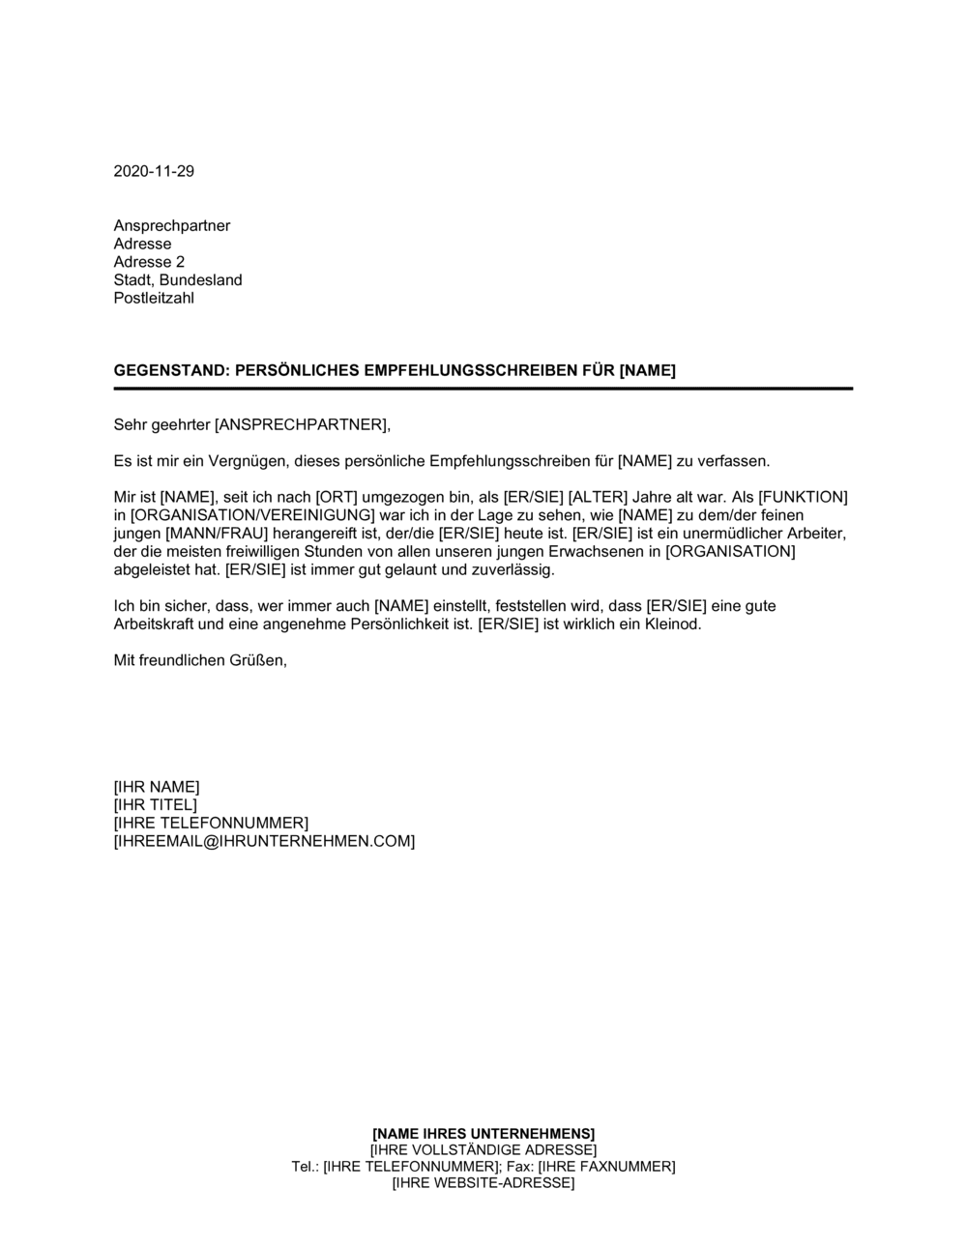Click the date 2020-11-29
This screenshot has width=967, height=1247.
tap(154, 171)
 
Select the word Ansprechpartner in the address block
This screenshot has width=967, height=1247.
tap(172, 226)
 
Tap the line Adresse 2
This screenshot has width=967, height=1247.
tap(149, 262)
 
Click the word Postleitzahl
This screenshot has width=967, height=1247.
tap(154, 298)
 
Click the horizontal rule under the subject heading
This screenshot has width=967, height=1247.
tap(483, 389)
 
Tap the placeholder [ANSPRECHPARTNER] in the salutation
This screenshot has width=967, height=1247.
tap(302, 424)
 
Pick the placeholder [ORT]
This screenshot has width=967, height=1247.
tap(337, 497)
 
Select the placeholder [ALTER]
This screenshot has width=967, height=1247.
tap(598, 497)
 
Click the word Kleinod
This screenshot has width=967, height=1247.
tap(671, 624)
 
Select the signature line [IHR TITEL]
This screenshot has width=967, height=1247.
tap(155, 805)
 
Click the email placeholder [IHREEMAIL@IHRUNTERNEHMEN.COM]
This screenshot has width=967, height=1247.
tap(264, 841)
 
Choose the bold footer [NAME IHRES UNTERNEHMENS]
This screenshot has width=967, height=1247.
tap(483, 1133)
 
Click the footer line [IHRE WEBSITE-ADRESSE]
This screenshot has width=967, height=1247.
tap(483, 1183)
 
